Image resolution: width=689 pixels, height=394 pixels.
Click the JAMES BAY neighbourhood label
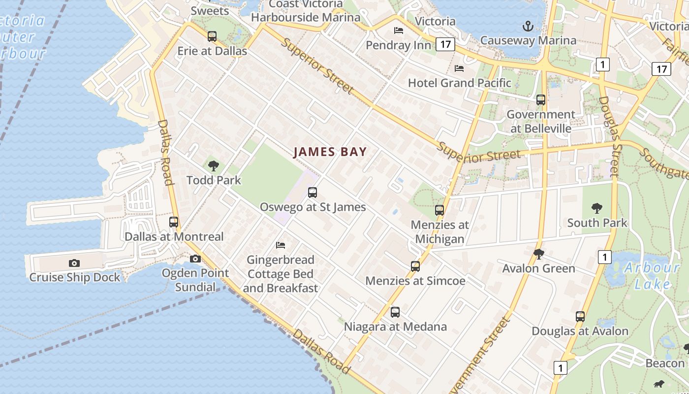click(330, 152)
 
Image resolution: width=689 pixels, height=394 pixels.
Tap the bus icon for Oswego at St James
click(313, 193)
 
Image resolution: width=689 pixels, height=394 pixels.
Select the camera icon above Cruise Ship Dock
click(74, 263)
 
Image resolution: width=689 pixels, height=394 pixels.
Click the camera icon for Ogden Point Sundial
click(195, 259)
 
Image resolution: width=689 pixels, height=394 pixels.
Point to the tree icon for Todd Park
click(214, 165)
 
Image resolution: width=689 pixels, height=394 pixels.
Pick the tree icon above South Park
click(597, 208)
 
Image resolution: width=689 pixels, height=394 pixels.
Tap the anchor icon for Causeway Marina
click(528, 26)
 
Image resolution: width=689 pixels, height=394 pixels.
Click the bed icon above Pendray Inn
click(399, 31)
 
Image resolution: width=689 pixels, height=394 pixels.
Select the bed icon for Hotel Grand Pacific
click(459, 68)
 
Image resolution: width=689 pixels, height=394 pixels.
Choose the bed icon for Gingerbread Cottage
click(281, 245)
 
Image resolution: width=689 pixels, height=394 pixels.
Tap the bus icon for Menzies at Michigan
click(439, 210)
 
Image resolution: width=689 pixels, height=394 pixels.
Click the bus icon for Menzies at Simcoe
click(415, 266)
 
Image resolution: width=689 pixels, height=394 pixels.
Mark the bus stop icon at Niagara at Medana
click(395, 312)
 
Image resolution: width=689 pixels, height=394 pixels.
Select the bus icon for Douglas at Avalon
click(580, 317)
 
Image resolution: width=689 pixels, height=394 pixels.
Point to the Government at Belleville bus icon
click(541, 100)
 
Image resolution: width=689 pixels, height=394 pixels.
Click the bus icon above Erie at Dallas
click(212, 36)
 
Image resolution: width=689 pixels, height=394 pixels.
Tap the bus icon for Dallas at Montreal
click(174, 222)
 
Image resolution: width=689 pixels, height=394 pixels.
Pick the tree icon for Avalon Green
click(539, 254)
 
